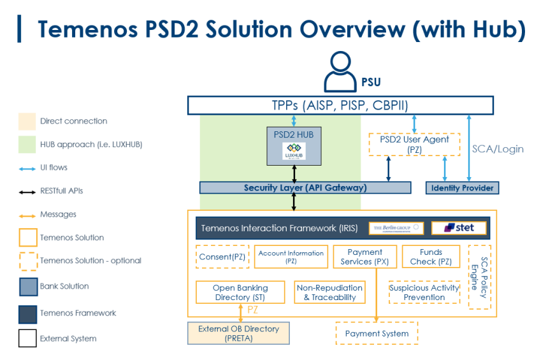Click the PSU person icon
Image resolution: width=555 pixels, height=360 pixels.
click(x=340, y=72)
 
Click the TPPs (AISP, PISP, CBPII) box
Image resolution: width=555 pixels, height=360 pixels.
click(x=340, y=105)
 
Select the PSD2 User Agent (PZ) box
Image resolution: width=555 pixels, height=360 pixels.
click(x=414, y=144)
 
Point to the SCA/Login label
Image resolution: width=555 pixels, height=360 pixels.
click(x=498, y=149)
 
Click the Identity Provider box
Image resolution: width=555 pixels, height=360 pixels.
click(x=462, y=188)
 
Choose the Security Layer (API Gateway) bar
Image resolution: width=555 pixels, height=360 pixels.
click(x=305, y=188)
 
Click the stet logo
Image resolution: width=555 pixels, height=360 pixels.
click(x=459, y=227)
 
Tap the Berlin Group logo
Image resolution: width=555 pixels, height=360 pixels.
click(x=396, y=227)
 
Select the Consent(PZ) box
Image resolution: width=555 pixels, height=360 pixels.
click(x=221, y=257)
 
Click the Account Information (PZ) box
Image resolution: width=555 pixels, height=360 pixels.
click(x=291, y=257)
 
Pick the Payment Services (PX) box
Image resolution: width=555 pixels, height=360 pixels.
click(x=365, y=257)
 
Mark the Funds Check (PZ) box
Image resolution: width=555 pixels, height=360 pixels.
click(x=431, y=257)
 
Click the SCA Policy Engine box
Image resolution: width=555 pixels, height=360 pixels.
click(x=479, y=277)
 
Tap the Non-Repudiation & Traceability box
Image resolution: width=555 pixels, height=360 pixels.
click(x=329, y=292)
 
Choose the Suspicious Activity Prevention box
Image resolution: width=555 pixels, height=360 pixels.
click(x=424, y=292)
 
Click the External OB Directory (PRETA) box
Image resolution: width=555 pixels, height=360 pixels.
click(x=238, y=333)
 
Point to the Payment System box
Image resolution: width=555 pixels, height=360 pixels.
click(x=377, y=333)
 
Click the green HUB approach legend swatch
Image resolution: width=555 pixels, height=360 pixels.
click(x=27, y=144)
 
